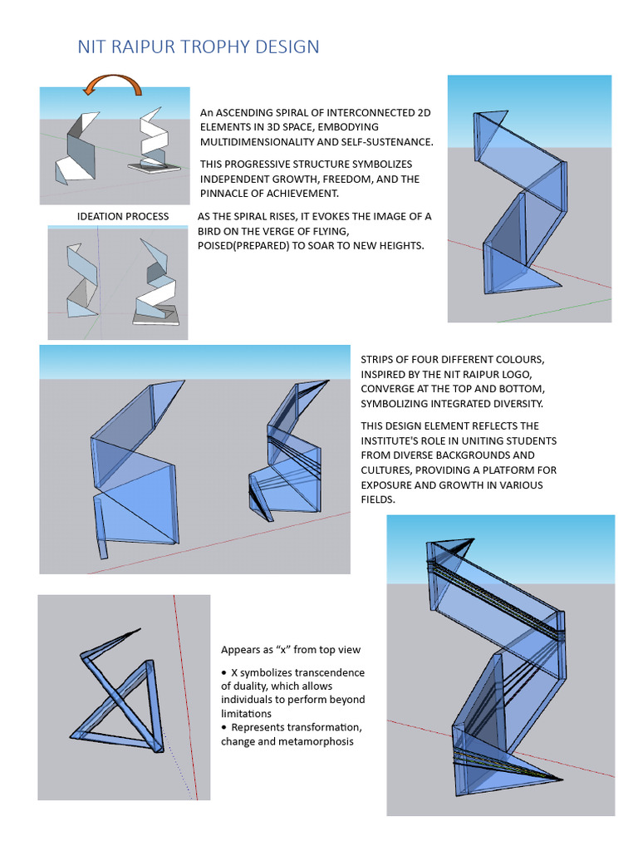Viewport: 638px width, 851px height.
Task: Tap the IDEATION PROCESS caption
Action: click(x=123, y=217)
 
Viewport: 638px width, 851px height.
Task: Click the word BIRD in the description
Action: click(x=211, y=231)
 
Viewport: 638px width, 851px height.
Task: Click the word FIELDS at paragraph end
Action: click(x=379, y=500)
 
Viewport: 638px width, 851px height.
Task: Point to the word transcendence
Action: click(x=322, y=672)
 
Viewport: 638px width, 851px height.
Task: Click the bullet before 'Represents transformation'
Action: click(x=224, y=728)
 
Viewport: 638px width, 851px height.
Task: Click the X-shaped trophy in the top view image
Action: click(x=120, y=694)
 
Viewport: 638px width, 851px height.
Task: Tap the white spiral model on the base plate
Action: click(x=156, y=145)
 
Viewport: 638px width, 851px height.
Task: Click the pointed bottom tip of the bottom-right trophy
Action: click(x=562, y=780)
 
